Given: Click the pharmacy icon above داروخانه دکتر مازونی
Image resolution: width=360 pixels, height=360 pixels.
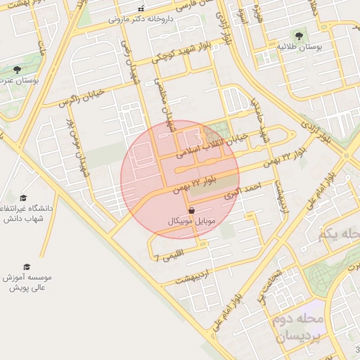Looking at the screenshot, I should pyautogui.click(x=141, y=9).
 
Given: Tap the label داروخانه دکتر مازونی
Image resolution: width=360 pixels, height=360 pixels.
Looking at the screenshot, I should pyautogui.click(x=141, y=20).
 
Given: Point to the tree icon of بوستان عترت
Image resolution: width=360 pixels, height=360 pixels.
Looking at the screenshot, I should pyautogui.click(x=18, y=70).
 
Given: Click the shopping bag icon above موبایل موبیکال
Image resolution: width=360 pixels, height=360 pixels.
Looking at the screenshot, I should pyautogui.click(x=192, y=210).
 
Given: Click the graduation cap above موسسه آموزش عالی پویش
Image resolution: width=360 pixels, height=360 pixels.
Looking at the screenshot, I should pyautogui.click(x=27, y=266).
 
